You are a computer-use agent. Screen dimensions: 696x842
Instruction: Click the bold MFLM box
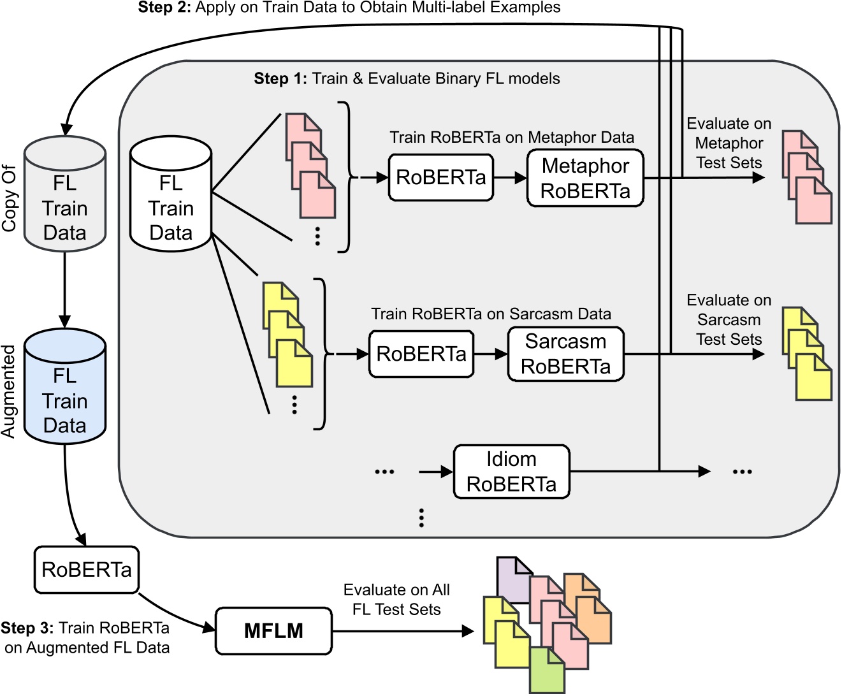click(273, 631)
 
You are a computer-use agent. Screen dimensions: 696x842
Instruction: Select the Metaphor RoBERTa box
click(584, 178)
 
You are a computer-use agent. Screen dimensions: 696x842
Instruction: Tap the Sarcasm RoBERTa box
click(565, 354)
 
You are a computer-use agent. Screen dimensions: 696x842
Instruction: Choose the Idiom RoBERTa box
click(511, 472)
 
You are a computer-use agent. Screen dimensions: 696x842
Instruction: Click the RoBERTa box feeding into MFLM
click(86, 569)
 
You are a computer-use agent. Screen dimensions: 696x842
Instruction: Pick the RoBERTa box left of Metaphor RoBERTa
click(440, 178)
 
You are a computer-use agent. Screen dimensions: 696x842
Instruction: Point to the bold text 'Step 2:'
click(164, 8)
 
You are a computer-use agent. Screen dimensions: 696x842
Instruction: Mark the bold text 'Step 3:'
click(27, 628)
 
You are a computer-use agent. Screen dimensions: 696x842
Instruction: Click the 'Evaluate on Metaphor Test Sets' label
click(729, 143)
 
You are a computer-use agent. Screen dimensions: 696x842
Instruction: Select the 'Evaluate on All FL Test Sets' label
click(396, 600)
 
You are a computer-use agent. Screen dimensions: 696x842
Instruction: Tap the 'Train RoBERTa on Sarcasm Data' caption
click(491, 314)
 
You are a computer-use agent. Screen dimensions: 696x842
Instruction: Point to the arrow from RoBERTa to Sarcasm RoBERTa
click(491, 354)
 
